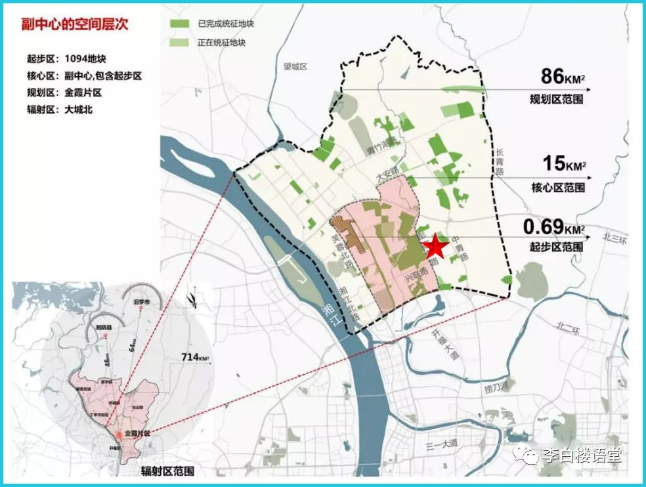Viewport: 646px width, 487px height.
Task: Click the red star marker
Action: (435, 247)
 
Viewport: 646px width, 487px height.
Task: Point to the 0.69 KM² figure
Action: (553, 227)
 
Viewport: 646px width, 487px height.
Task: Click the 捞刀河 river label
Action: (497, 390)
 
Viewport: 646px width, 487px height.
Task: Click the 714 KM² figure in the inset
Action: (194, 357)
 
